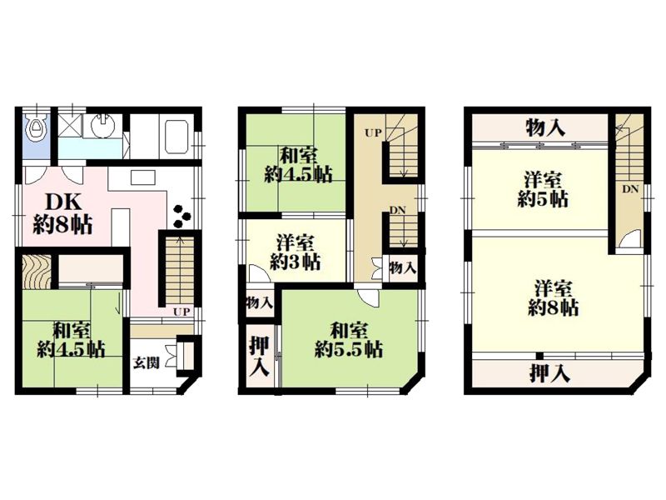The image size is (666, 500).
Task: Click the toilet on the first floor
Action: tap(35, 129)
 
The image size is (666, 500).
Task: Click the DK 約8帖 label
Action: tap(62, 212)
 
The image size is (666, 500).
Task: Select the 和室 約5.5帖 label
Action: tap(349, 339)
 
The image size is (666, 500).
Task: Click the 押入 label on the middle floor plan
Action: tap(260, 356)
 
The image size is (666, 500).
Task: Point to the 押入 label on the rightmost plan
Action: tap(549, 372)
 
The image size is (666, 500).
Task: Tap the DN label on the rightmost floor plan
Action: tap(629, 189)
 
